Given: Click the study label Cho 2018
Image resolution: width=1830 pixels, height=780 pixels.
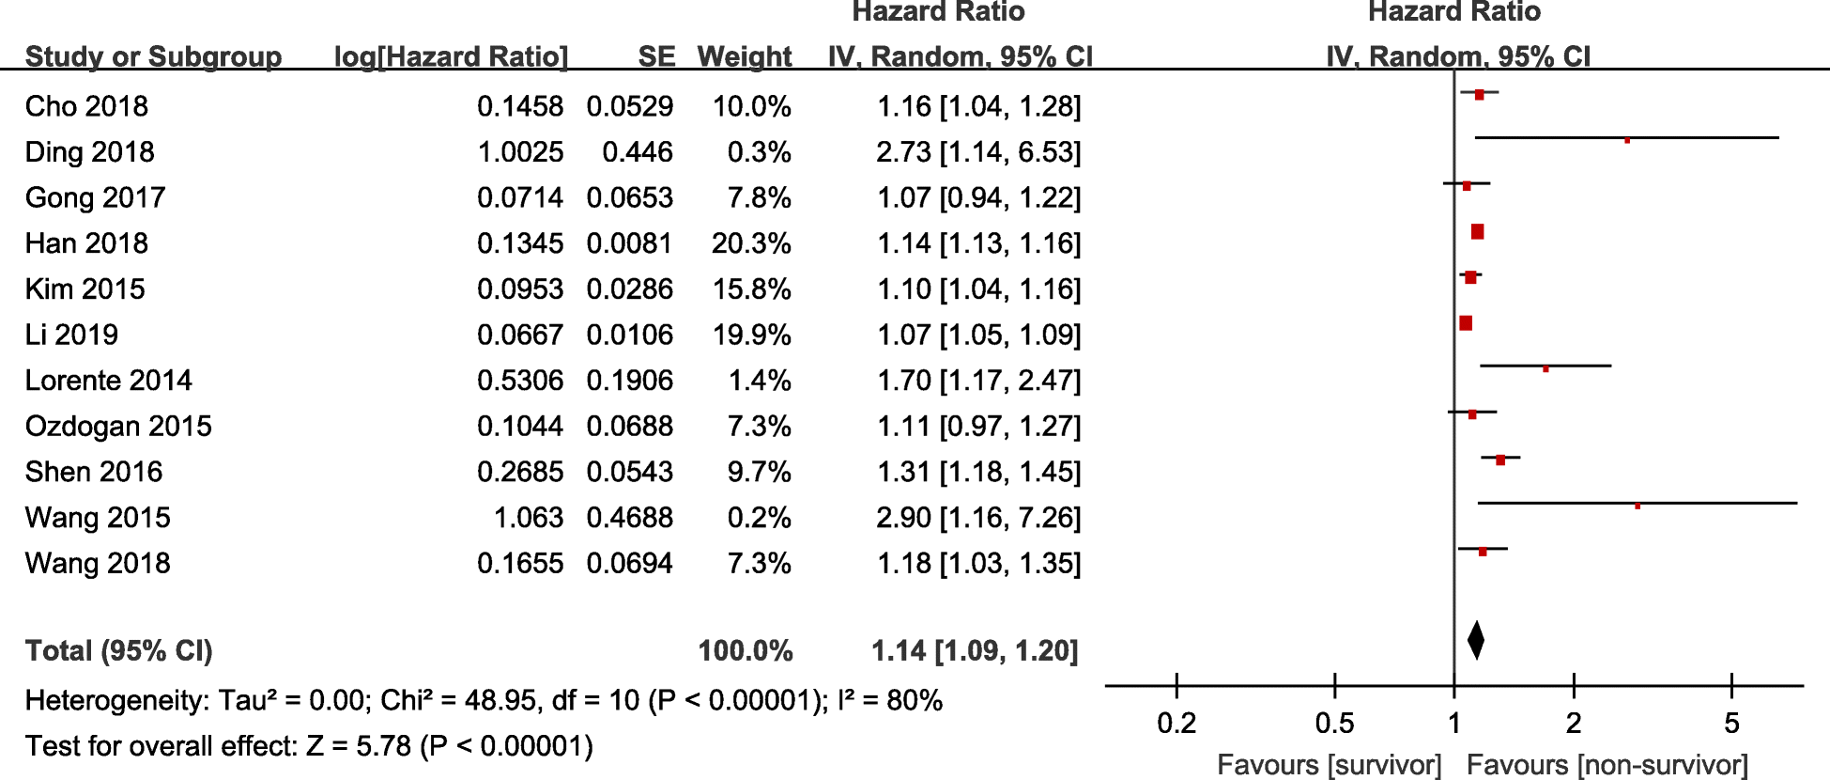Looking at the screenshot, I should pos(86,106).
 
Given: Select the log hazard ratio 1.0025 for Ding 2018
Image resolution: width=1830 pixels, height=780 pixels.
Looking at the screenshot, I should pos(520,152).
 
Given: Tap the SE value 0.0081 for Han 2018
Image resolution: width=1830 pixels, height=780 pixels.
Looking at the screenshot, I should pos(629,243).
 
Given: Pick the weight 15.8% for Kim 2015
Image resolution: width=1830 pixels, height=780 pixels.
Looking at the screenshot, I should pos(751,289).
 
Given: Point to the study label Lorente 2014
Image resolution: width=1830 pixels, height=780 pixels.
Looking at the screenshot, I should pos(108,381).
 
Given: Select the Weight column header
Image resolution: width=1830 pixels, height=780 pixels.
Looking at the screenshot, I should pos(745,56).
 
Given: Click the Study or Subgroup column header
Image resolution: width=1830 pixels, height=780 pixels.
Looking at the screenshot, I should pos(153,56).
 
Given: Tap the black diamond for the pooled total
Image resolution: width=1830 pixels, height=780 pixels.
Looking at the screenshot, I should pos(1475,641).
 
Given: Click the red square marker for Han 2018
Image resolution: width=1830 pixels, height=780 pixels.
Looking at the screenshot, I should pos(1477,232).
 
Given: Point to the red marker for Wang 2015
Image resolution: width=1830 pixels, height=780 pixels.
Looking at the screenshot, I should pos(1638,506).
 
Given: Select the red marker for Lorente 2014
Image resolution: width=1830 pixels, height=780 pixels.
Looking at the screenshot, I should pos(1546,368).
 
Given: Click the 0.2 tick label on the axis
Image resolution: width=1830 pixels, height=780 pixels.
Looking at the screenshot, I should pos(1176,724).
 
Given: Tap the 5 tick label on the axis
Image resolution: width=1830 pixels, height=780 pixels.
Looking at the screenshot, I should pos(1731,724).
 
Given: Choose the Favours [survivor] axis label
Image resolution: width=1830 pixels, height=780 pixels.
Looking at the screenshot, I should pos(1329,765).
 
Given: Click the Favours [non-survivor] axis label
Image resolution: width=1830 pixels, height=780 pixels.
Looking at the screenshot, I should pos(1607,765).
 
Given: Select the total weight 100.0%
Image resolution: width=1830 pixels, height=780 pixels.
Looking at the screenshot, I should pos(746,651).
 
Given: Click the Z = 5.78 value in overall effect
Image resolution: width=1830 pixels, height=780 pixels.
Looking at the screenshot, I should pos(359,746).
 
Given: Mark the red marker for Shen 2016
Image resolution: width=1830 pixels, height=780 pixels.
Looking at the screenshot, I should pos(1500,460).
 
